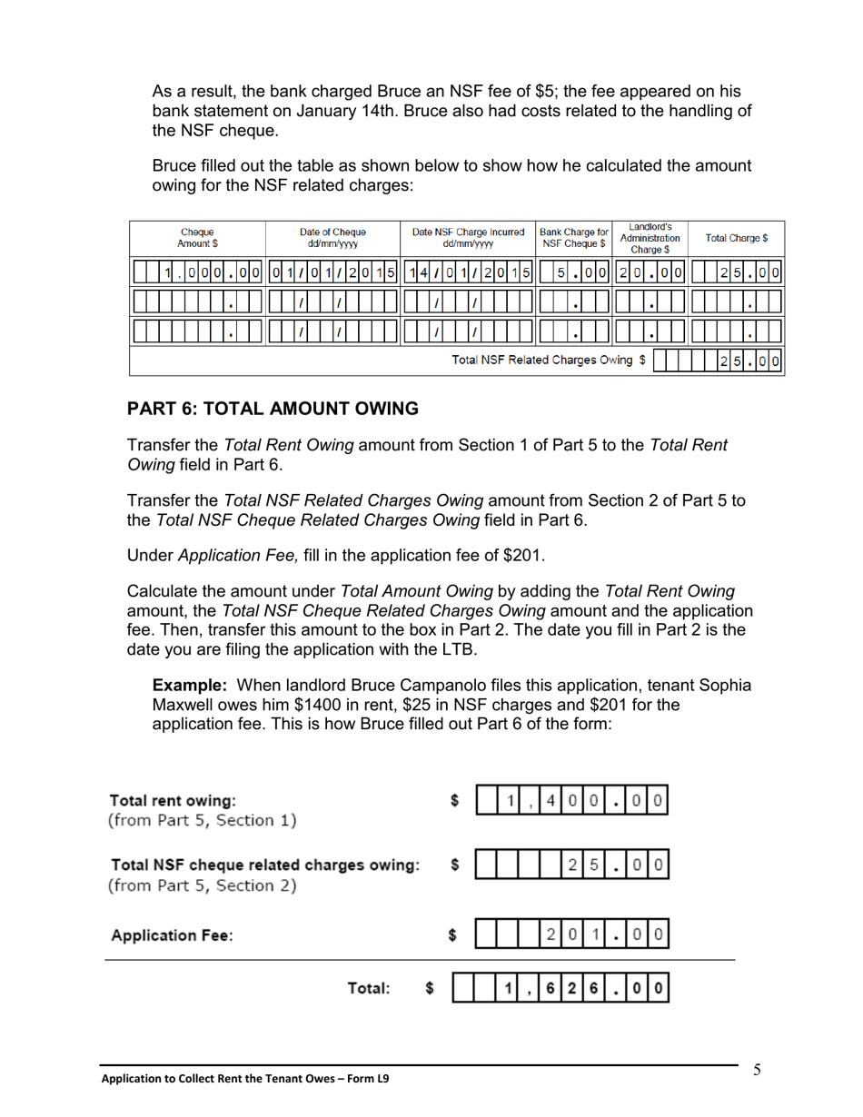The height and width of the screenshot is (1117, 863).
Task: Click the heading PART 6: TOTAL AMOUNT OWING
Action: point(273,409)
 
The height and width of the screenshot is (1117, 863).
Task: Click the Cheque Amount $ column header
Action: point(197,238)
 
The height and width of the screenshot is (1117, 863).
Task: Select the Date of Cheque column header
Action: point(332,238)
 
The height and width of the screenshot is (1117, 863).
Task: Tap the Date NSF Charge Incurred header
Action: point(468,238)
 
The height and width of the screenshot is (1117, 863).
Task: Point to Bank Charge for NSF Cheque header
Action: point(573,238)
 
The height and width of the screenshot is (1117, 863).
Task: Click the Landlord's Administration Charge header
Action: point(650,238)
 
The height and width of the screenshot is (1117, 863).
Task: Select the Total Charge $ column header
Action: point(736,238)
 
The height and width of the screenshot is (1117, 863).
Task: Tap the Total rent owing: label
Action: point(172,801)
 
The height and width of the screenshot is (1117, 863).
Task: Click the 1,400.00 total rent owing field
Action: point(572,801)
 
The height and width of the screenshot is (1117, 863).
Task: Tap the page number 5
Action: point(756,1071)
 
